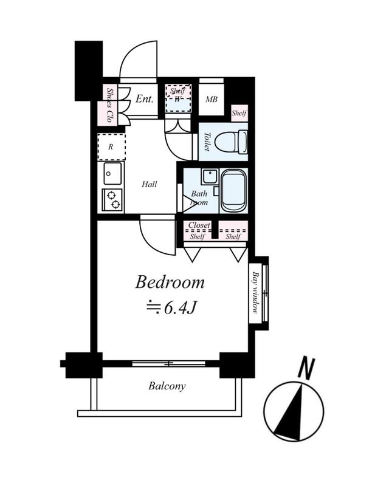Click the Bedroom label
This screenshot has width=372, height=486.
170,282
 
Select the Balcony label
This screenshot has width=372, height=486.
167,386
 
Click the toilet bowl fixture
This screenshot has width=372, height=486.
231,142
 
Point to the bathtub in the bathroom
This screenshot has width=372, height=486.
234,190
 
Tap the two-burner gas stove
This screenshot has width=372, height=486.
112,200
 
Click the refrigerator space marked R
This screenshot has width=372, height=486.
111,147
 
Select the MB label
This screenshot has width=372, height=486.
212,100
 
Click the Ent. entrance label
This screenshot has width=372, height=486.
145,99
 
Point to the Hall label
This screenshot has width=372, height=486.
150,185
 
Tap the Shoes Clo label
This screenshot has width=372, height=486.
109,104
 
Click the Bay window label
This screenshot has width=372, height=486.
255,293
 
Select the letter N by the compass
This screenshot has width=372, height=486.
307,369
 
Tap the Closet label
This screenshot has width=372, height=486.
199,225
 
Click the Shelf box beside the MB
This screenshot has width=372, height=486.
239,113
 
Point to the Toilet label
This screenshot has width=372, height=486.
207,142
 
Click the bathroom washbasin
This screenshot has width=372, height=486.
210,176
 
